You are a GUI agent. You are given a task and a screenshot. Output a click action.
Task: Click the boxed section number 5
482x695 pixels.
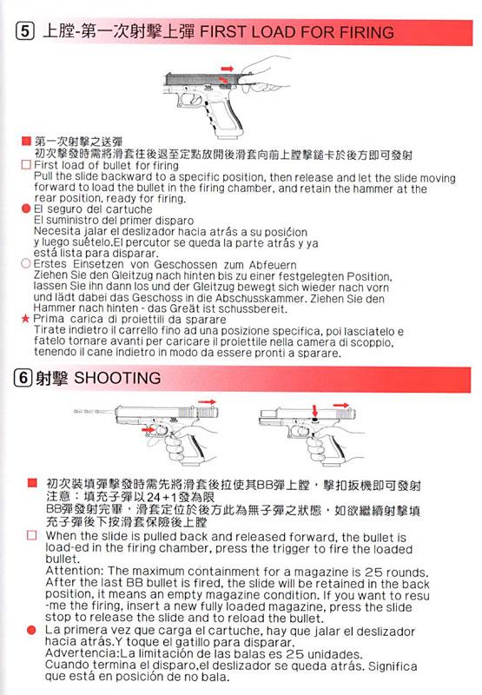(x=25, y=31)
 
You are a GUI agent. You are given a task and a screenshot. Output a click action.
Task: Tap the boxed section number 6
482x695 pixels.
(x=23, y=378)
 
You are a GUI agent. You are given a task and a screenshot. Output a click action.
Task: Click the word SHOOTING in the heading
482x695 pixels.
(x=117, y=378)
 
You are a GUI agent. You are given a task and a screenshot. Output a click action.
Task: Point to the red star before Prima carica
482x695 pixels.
(x=26, y=318)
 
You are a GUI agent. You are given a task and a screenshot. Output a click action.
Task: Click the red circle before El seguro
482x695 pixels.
(x=26, y=208)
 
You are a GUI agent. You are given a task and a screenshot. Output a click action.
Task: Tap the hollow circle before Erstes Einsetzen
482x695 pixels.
(x=26, y=263)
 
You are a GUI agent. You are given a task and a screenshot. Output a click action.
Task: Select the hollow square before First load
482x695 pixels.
(x=26, y=165)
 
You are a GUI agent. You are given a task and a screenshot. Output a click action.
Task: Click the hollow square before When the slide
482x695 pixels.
(x=32, y=535)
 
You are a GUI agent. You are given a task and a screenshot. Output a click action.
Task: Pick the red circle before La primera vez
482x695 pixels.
(x=31, y=629)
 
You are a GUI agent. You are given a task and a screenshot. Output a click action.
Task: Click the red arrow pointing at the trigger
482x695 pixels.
(x=149, y=428)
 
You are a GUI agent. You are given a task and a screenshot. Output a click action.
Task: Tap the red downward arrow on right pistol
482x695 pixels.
(x=314, y=410)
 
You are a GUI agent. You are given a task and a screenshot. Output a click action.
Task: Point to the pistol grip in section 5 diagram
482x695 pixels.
(x=226, y=116)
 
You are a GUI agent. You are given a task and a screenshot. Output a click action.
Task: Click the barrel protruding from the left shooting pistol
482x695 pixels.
(x=95, y=412)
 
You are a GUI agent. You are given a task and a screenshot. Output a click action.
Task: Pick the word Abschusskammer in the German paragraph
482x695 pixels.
(x=261, y=298)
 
